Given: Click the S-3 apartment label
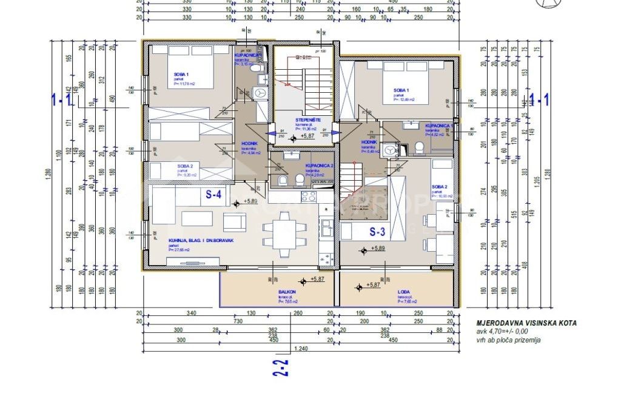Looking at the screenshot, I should [378, 231].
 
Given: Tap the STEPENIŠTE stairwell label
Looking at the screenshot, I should [307, 119].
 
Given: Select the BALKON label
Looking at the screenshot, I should [287, 292].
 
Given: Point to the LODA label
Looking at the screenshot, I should [404, 292].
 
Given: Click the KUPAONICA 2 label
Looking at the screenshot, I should [318, 165].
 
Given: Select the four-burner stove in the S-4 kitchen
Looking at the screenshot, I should [309, 196].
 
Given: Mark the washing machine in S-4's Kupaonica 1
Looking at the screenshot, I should [260, 93].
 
